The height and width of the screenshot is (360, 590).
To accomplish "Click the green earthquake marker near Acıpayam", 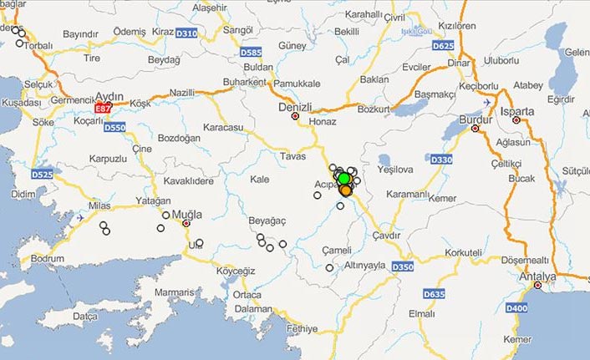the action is (343, 178).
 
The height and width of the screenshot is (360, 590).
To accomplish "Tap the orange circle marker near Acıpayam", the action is (345, 190).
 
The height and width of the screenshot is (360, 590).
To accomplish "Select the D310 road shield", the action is (188, 33).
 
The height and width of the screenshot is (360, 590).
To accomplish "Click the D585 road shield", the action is (251, 52).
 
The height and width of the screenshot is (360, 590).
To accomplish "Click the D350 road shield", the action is (403, 266).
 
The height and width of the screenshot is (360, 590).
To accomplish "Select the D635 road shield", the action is (435, 294).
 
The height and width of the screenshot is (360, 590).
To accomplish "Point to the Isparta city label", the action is (516, 111).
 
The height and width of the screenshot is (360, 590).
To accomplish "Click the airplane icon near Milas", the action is (80, 218).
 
